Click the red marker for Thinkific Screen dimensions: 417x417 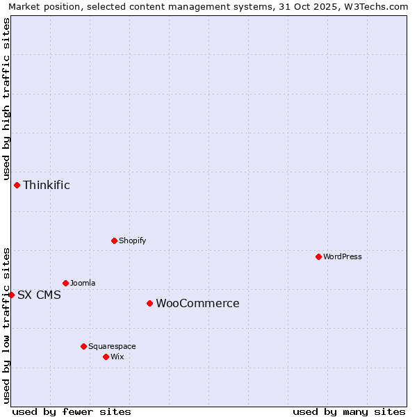tap(17, 185)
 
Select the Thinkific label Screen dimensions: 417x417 tap(47, 185)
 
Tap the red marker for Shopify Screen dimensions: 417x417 tap(114, 240)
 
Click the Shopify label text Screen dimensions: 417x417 tap(132, 240)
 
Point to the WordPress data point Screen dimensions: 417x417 tap(318, 256)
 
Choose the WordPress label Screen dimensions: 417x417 tap(342, 256)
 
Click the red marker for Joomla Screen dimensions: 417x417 tap(65, 283)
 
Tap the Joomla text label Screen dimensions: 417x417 tap(83, 283)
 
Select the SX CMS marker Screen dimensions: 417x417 tap(11, 295)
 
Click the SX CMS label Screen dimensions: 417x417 tap(39, 295)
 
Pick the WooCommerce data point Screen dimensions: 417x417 tap(149, 303)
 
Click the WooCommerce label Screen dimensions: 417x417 tap(197, 303)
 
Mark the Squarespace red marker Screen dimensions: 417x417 tap(83, 346)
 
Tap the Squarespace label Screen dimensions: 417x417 tap(112, 346)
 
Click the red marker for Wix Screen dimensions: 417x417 tap(106, 357)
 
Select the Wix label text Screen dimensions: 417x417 tap(117, 357)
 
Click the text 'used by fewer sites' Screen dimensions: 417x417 tap(72, 411)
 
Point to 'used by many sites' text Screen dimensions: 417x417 tap(349, 411)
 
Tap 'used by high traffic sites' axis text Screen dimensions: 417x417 tap(6, 99)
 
